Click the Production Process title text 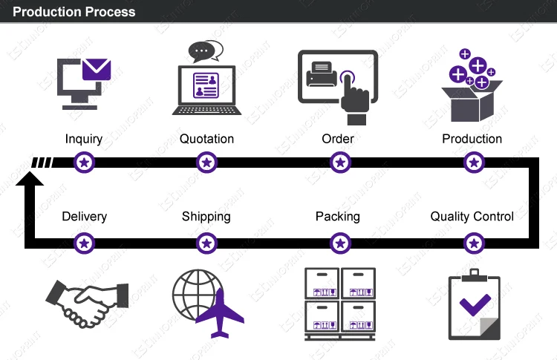(x=75, y=12)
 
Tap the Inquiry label (x=84, y=139)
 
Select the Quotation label (x=206, y=139)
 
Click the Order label (x=338, y=139)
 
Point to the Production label (x=472, y=139)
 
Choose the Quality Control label (x=472, y=217)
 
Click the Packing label (x=338, y=217)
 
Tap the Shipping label (x=206, y=217)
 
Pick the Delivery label (x=84, y=217)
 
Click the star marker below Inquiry (x=85, y=162)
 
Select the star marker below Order (x=339, y=162)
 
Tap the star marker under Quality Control (x=473, y=242)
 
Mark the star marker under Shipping (x=207, y=242)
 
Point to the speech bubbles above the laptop (x=205, y=51)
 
